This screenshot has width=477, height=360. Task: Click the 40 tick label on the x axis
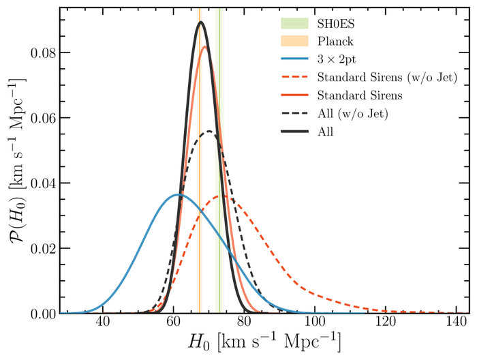tap(103, 322)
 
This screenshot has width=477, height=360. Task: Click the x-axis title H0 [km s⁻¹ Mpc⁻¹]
tap(264, 342)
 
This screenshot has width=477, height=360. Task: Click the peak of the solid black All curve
tap(201, 22)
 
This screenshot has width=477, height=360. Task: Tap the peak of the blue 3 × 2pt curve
tap(178, 194)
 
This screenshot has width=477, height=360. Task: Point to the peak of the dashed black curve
tap(210, 131)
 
